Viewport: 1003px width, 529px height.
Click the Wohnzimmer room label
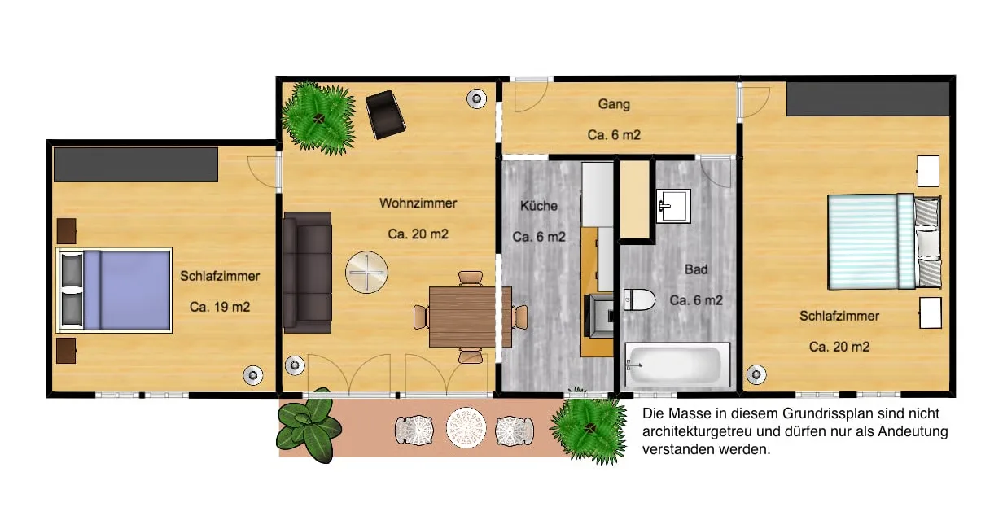418,203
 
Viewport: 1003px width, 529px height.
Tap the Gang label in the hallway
614,105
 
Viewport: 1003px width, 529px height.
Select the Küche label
539,206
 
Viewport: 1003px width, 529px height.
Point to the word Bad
696,269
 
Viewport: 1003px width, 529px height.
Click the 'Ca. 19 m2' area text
220,307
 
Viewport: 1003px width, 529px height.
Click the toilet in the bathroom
639,299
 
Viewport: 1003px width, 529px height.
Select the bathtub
677,365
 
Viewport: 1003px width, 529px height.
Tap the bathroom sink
673,206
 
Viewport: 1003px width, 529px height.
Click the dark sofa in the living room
307,273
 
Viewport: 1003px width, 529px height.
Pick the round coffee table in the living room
366,272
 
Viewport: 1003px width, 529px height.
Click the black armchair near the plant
386,115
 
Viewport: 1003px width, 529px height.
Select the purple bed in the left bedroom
114,291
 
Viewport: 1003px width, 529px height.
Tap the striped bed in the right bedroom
884,242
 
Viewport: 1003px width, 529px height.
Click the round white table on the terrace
466,428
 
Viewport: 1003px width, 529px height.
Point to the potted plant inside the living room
319,119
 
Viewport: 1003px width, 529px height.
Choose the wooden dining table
471,317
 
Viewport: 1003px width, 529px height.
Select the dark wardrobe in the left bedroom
136,164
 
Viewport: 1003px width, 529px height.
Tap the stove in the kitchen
601,316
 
